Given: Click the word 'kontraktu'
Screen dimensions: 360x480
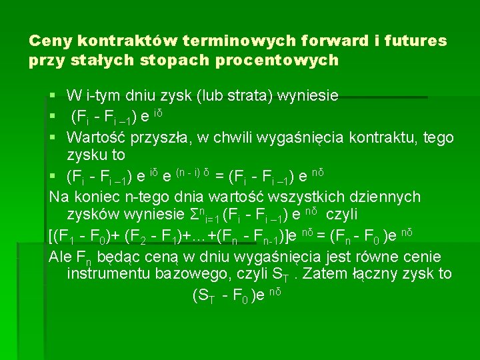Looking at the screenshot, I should [x=380, y=138].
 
